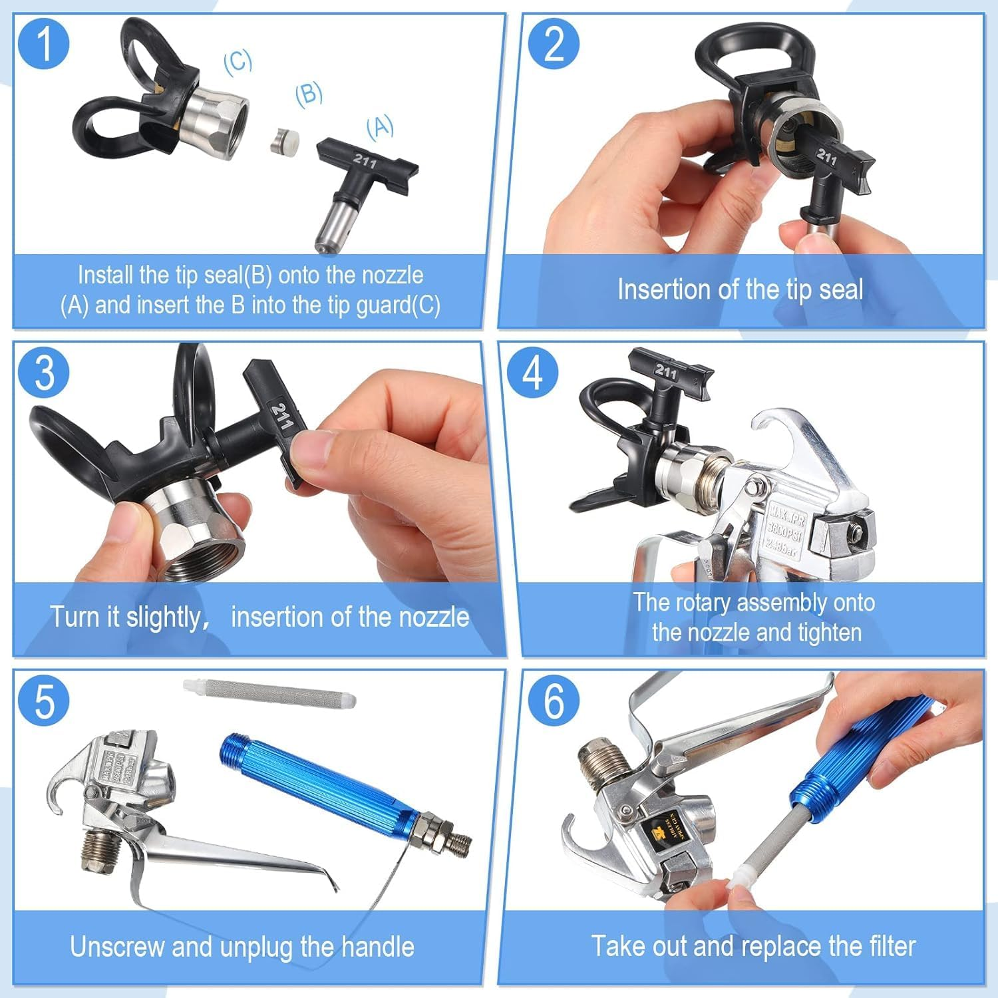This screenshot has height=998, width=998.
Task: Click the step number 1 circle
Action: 44,43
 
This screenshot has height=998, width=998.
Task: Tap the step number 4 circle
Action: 532,372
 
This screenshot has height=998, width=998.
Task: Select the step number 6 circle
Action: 554,701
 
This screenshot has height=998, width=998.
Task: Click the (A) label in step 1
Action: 380,126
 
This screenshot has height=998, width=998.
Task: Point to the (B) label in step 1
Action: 309,94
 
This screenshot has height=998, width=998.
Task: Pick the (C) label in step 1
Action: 238,61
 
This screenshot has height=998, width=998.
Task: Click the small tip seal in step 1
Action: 284,141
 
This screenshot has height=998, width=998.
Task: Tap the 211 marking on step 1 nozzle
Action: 365,160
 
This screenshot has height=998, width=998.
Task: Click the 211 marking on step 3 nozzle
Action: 280,416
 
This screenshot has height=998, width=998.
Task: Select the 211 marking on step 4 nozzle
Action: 665,371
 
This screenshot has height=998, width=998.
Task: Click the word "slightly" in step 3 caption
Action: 162,617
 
